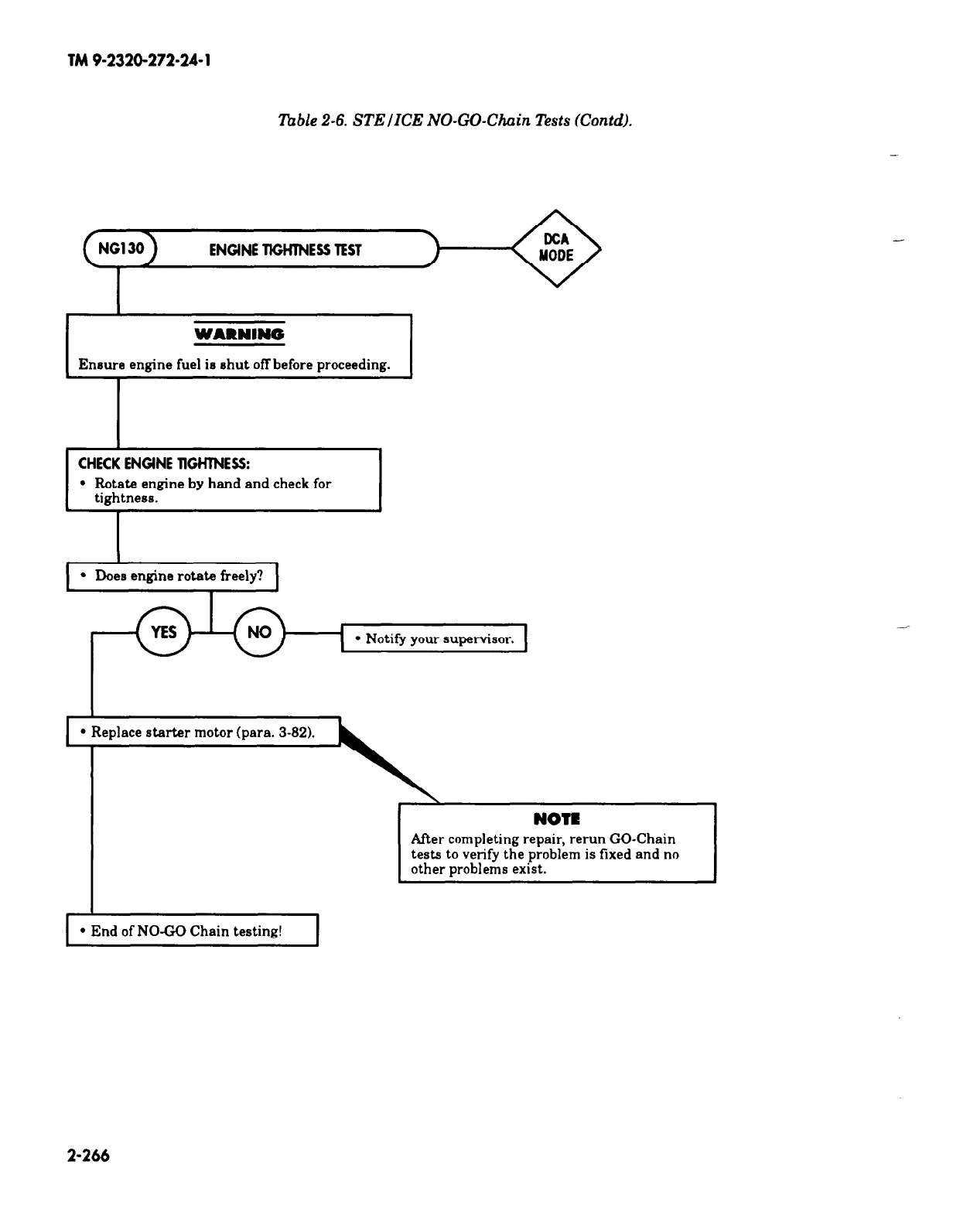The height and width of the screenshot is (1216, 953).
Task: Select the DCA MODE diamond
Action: [x=556, y=248]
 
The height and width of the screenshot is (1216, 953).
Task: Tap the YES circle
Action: [x=163, y=632]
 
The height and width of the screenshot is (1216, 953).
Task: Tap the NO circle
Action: [x=259, y=632]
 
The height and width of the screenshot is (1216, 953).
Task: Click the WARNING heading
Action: [x=239, y=334]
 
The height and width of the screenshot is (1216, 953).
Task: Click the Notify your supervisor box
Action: [x=434, y=639]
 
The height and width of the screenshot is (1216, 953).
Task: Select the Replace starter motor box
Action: [x=203, y=732]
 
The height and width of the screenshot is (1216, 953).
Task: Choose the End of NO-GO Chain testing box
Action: [x=193, y=931]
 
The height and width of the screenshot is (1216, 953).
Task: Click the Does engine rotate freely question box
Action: [x=172, y=576]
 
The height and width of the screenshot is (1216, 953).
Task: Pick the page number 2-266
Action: [x=89, y=1156]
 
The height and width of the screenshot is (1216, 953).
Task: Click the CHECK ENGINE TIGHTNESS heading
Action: [x=163, y=463]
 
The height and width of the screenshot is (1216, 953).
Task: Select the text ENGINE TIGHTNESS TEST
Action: [x=285, y=250]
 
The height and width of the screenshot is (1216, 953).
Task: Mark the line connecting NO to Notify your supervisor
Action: [x=313, y=633]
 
